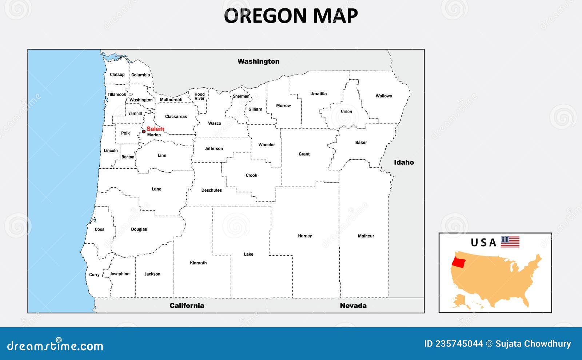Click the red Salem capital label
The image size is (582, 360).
pos(155,129)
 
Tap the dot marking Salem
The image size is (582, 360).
pos(144,131)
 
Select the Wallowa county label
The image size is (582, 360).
pos(384,96)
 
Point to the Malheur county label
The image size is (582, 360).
pos(366,236)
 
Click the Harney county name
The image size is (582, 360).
pos(305,236)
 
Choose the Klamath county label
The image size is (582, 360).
pos(198,263)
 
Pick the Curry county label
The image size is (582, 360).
pos(94,275)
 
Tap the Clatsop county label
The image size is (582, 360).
pos(117,75)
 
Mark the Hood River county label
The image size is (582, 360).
pos(199,96)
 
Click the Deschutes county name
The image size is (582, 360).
pos(211,190)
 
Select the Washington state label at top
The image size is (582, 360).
pos(258,61)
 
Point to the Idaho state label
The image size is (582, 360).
pos(404,163)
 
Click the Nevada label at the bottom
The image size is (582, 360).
pos(353,306)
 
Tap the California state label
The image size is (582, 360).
pos(187,306)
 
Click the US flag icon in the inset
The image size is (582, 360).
pos(510,242)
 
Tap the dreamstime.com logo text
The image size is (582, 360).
pos(55,345)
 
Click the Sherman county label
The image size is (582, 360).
pos(241,96)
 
